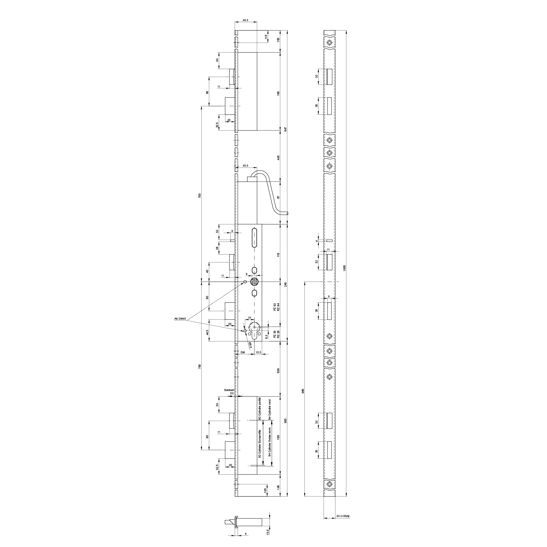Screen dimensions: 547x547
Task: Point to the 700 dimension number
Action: click(199, 195)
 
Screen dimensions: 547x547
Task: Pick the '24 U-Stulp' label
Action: click(343, 525)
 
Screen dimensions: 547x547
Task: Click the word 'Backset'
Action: click(229, 390)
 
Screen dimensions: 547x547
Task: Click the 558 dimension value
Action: click(279, 371)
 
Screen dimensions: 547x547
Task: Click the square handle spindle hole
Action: click(254, 282)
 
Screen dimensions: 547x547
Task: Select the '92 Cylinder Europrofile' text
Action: click(260, 444)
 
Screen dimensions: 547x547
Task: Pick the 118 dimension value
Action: click(279, 255)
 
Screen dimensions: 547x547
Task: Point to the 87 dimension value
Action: click(279, 197)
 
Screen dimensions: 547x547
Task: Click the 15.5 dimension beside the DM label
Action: click(258, 353)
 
